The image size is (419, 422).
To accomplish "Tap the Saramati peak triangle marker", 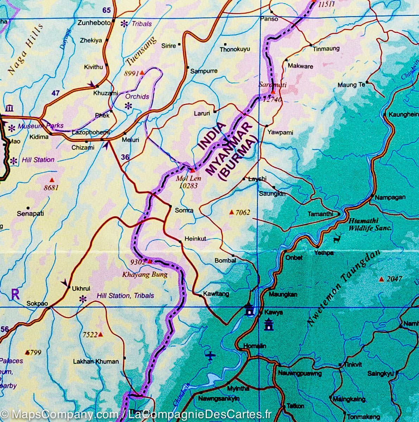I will [x=273, y=92].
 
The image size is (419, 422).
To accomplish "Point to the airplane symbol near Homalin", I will [x=211, y=356].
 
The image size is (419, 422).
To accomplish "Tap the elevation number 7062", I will [x=243, y=212].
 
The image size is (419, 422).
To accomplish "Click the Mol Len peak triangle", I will [x=192, y=171].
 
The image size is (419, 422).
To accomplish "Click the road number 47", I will [x=55, y=93].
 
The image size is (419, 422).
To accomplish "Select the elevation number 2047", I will [x=394, y=279].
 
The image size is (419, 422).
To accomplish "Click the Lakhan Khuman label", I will [x=96, y=361].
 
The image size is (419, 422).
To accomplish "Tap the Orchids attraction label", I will [x=137, y=96].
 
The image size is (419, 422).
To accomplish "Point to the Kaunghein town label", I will [x=403, y=114].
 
